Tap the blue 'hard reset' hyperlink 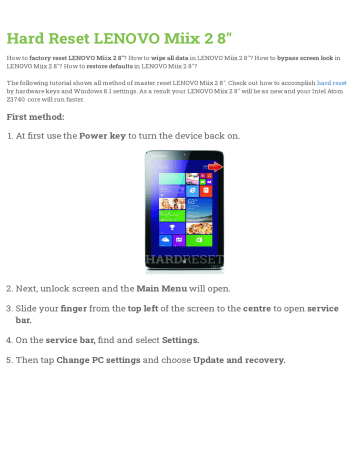pos(332,82)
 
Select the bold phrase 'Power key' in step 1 pos(106,135)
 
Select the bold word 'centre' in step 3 pos(259,310)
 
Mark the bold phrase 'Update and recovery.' pos(239,359)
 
